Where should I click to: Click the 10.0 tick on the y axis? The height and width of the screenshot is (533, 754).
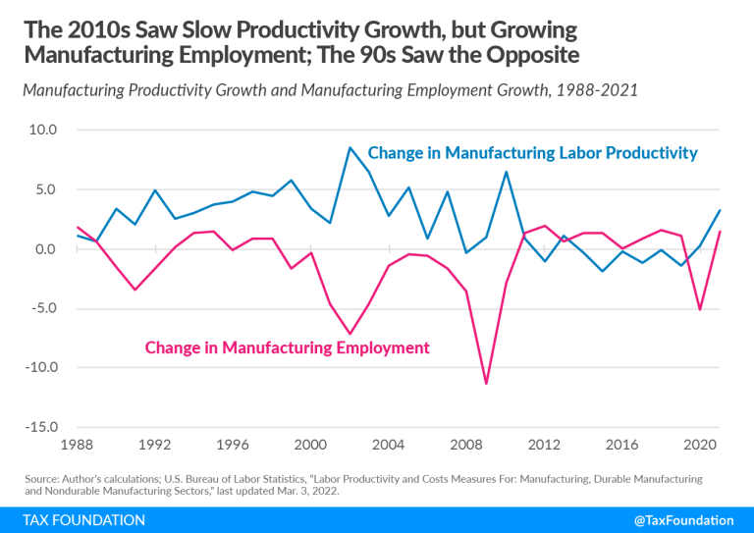[x=44, y=130]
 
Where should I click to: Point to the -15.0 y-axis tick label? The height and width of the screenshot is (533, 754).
[x=41, y=428]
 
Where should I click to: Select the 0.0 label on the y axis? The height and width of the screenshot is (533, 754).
[x=46, y=249]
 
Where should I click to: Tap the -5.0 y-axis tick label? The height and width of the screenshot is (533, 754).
[x=43, y=308]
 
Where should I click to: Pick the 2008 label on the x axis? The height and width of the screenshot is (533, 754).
[x=466, y=444]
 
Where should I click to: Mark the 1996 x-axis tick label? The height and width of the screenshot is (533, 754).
[x=232, y=444]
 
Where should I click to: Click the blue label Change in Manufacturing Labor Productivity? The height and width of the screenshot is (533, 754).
[x=532, y=153]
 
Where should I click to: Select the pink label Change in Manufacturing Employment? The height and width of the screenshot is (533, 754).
[x=287, y=347]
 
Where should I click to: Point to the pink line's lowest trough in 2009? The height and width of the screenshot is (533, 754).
[x=486, y=384]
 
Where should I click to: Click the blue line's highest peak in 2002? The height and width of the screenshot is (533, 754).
[x=350, y=147]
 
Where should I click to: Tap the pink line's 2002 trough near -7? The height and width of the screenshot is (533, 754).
[x=350, y=334]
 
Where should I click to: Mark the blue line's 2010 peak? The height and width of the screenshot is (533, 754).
[x=506, y=172]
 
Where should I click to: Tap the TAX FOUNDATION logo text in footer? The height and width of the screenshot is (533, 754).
[x=81, y=518]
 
